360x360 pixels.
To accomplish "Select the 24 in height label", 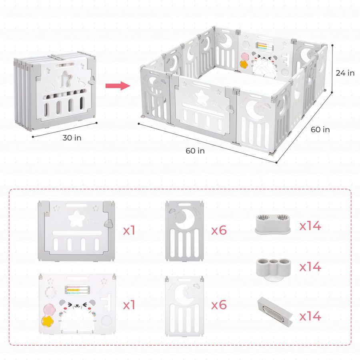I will [345, 73].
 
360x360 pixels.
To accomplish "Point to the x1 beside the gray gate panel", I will [129, 230].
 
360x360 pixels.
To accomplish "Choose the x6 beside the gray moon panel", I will [219, 230].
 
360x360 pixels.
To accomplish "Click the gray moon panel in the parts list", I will [184, 231].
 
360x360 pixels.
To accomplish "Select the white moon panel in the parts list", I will [184, 305].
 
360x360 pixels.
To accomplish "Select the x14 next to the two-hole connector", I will [310, 226].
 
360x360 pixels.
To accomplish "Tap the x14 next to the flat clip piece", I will [310, 316].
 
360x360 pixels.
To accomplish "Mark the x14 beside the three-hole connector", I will [310, 266].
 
